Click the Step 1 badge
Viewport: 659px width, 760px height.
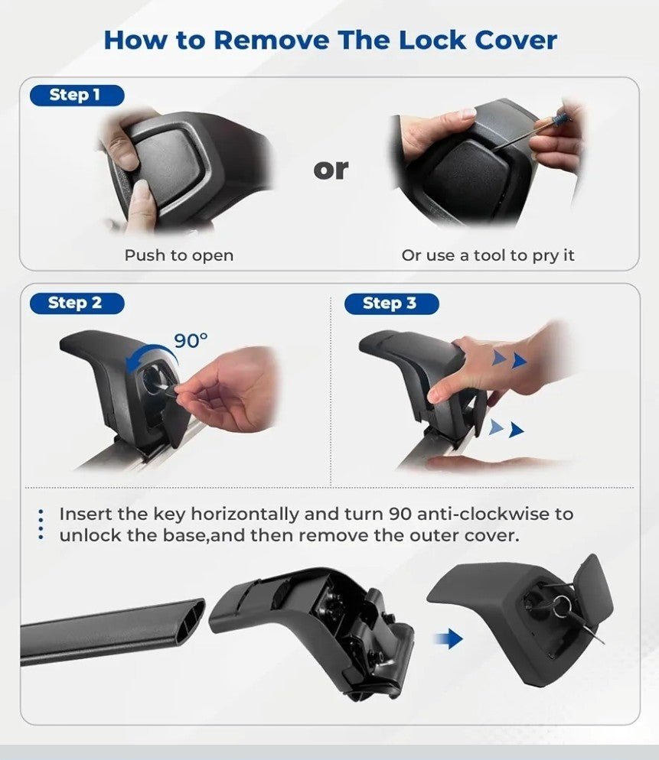(77, 95)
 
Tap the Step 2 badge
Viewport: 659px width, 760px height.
(77, 304)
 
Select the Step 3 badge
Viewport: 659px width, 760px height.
(392, 304)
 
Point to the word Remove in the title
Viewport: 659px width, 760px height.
(271, 40)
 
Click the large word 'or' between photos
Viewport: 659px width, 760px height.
(331, 170)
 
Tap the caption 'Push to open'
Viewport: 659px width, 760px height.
(179, 255)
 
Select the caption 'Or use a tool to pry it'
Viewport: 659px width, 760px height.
(488, 255)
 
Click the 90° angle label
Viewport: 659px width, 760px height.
(191, 341)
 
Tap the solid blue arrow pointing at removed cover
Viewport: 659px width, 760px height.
(449, 638)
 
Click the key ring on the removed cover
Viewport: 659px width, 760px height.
(563, 606)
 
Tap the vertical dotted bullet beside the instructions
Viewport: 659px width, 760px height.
(41, 525)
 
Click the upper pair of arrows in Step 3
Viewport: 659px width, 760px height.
(510, 359)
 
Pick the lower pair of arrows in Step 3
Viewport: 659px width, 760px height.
(507, 428)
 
